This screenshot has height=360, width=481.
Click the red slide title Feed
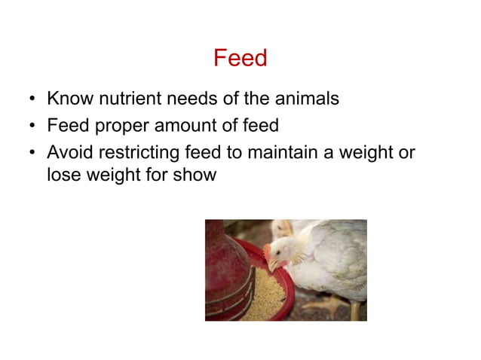240,58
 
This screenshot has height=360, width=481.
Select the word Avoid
69,153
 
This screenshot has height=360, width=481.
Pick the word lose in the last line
63,175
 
